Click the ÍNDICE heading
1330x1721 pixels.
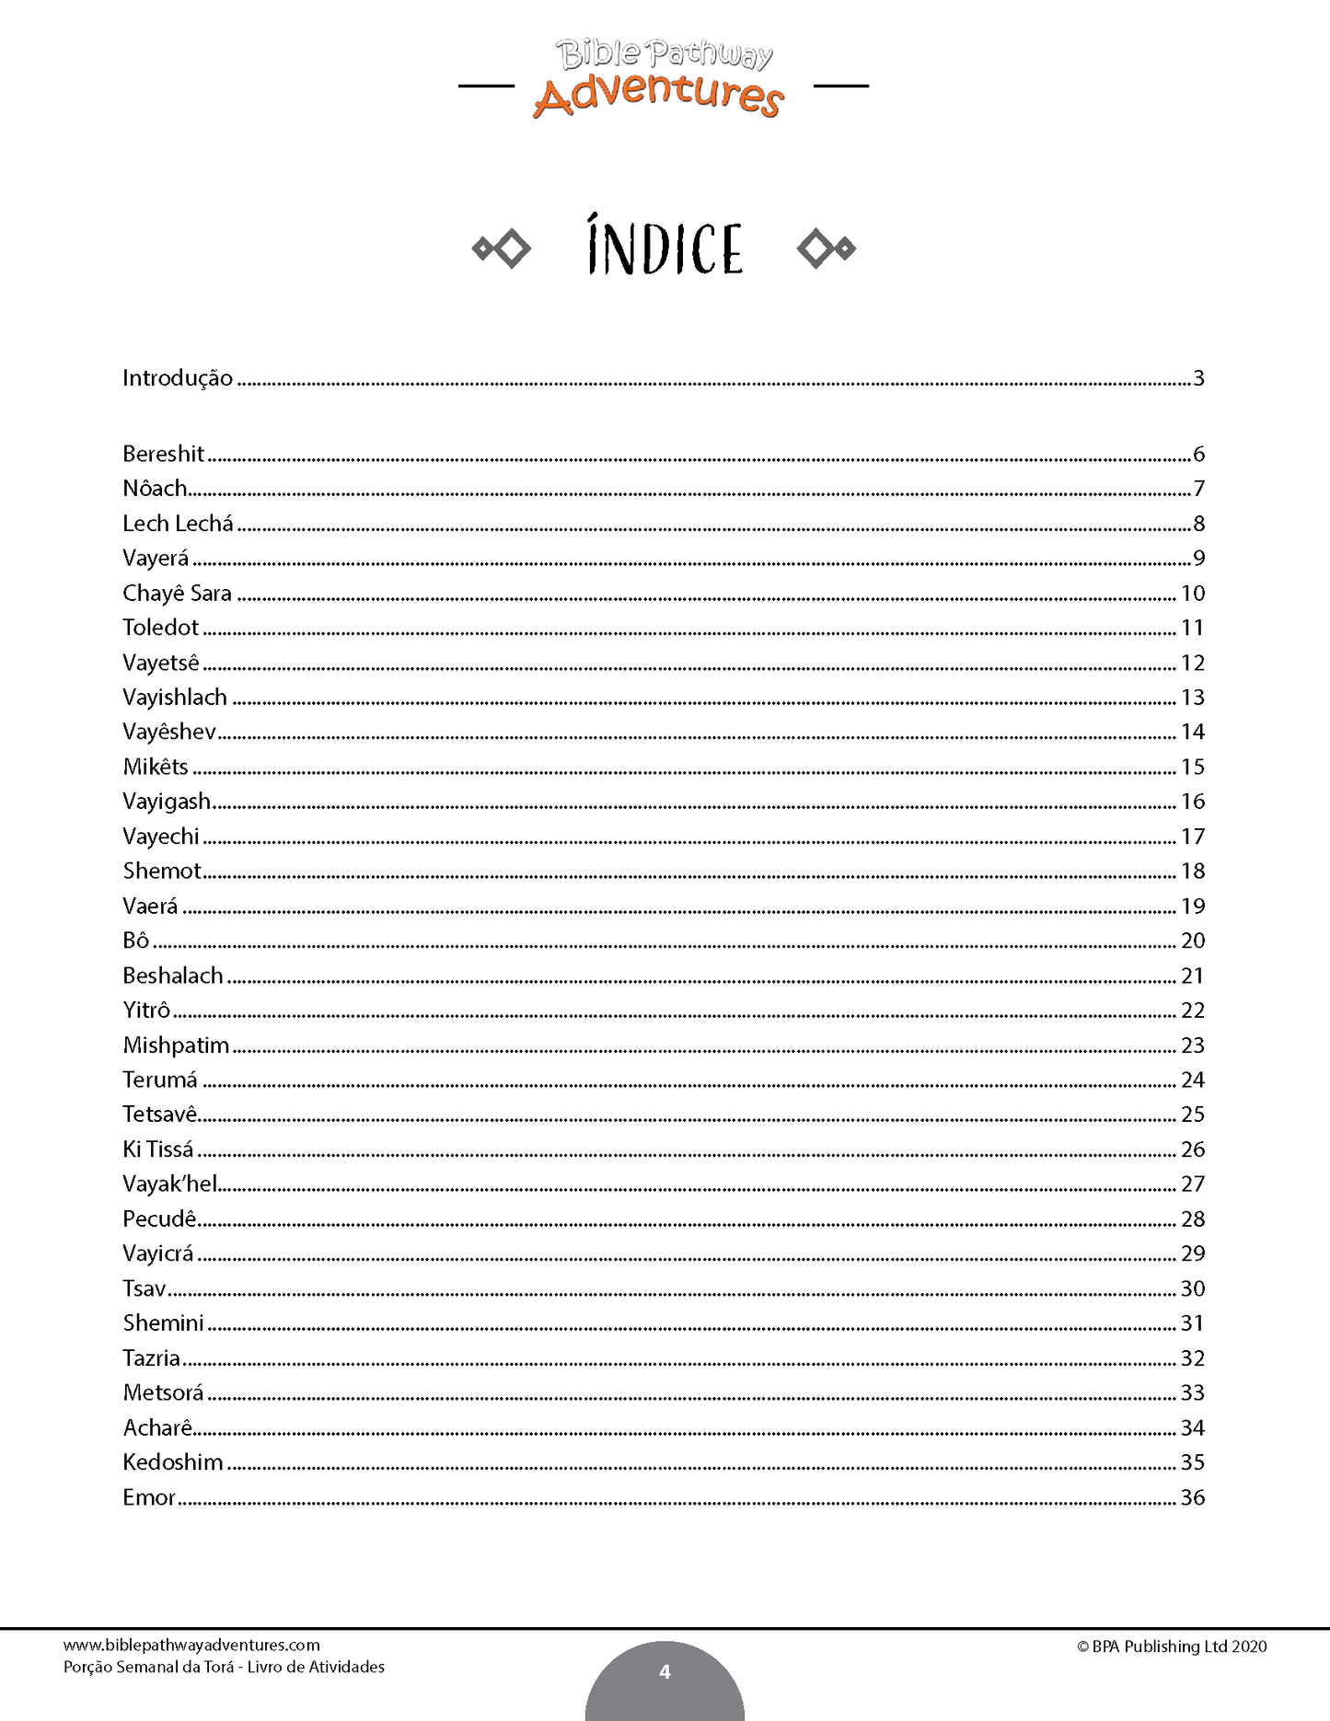point(665,248)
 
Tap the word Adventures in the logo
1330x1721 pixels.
point(658,96)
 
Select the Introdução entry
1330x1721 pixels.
point(178,378)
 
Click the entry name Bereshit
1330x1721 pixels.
point(163,454)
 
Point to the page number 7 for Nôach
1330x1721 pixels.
point(1199,489)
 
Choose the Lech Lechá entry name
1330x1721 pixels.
point(178,524)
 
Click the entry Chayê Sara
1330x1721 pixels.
point(177,594)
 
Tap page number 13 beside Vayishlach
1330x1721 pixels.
point(1193,698)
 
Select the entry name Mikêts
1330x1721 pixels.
point(156,767)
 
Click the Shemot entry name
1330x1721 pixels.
point(162,871)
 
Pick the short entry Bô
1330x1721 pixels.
point(135,941)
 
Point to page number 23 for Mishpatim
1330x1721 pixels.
point(1193,1045)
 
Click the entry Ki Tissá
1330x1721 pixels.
point(158,1149)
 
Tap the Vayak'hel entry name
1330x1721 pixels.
point(169,1184)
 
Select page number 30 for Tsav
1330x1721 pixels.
point(1193,1288)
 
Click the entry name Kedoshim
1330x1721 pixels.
point(173,1462)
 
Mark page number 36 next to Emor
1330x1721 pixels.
point(1193,1497)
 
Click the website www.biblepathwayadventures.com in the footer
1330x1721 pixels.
point(191,1646)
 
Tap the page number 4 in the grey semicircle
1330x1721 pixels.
point(665,1672)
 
